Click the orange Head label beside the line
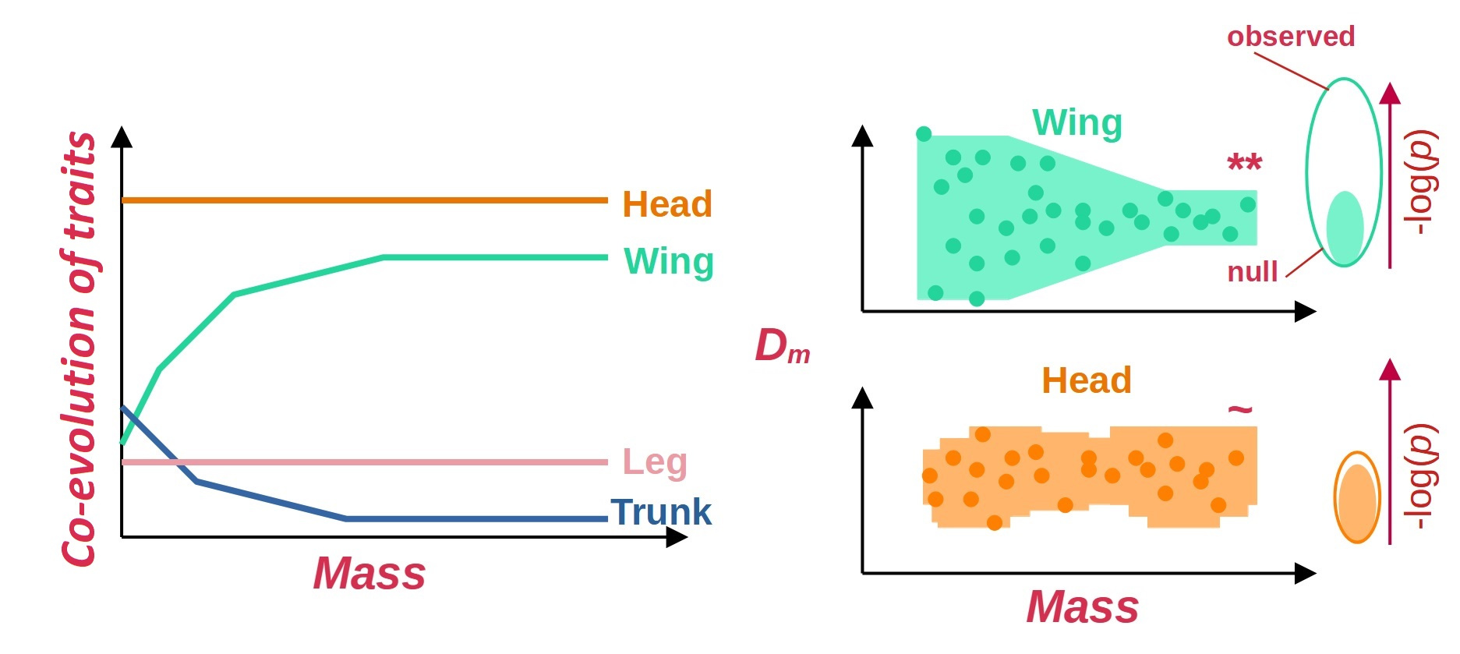coord(666,204)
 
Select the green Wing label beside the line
coord(669,261)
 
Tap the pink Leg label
coord(655,461)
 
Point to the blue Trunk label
coord(661,513)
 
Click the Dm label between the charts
coord(782,346)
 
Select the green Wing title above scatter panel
coord(1077,123)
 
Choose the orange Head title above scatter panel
coord(1087,380)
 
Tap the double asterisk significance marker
coord(1244,164)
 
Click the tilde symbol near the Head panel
coord(1240,408)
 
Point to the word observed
coord(1291,37)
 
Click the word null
coord(1252,272)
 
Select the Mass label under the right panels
coord(1082,606)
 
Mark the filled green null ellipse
coord(1345,226)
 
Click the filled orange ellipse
coord(1358,503)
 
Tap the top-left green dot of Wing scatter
coord(924,134)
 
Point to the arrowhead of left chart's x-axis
coord(677,537)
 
